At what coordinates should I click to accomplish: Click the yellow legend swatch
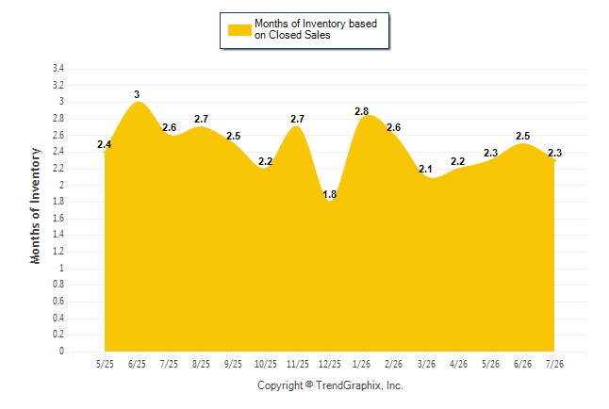click(239, 30)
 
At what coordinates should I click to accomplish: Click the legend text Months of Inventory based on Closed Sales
click(316, 29)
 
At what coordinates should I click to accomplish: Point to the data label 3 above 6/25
click(137, 94)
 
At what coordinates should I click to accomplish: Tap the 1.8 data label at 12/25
click(330, 194)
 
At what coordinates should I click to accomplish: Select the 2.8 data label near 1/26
click(362, 111)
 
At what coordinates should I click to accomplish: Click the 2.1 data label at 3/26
click(426, 169)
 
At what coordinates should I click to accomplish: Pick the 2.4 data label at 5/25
click(104, 144)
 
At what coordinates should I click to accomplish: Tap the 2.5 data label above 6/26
click(523, 136)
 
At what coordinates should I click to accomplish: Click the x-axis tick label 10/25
click(266, 364)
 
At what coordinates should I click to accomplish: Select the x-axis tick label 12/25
click(330, 364)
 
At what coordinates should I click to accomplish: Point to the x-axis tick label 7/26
click(554, 364)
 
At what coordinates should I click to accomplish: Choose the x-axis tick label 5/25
click(105, 364)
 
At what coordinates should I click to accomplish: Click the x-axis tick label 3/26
click(426, 364)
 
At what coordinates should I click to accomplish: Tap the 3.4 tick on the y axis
click(58, 69)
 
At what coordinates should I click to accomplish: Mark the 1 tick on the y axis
click(61, 268)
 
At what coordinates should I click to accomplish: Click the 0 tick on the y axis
click(61, 352)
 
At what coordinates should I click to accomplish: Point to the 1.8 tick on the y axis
click(58, 202)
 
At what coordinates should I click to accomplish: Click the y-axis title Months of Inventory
click(35, 205)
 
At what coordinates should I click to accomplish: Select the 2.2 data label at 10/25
click(265, 161)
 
